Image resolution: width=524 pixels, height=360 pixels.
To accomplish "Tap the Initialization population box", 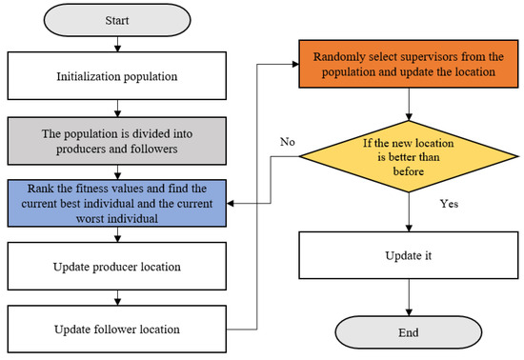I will pyautogui.click(x=115, y=72).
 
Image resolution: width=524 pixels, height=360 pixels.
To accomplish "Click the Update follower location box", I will pyautogui.click(x=115, y=330).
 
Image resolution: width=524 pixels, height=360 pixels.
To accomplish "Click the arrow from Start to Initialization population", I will pyautogui.click(x=115, y=43).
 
